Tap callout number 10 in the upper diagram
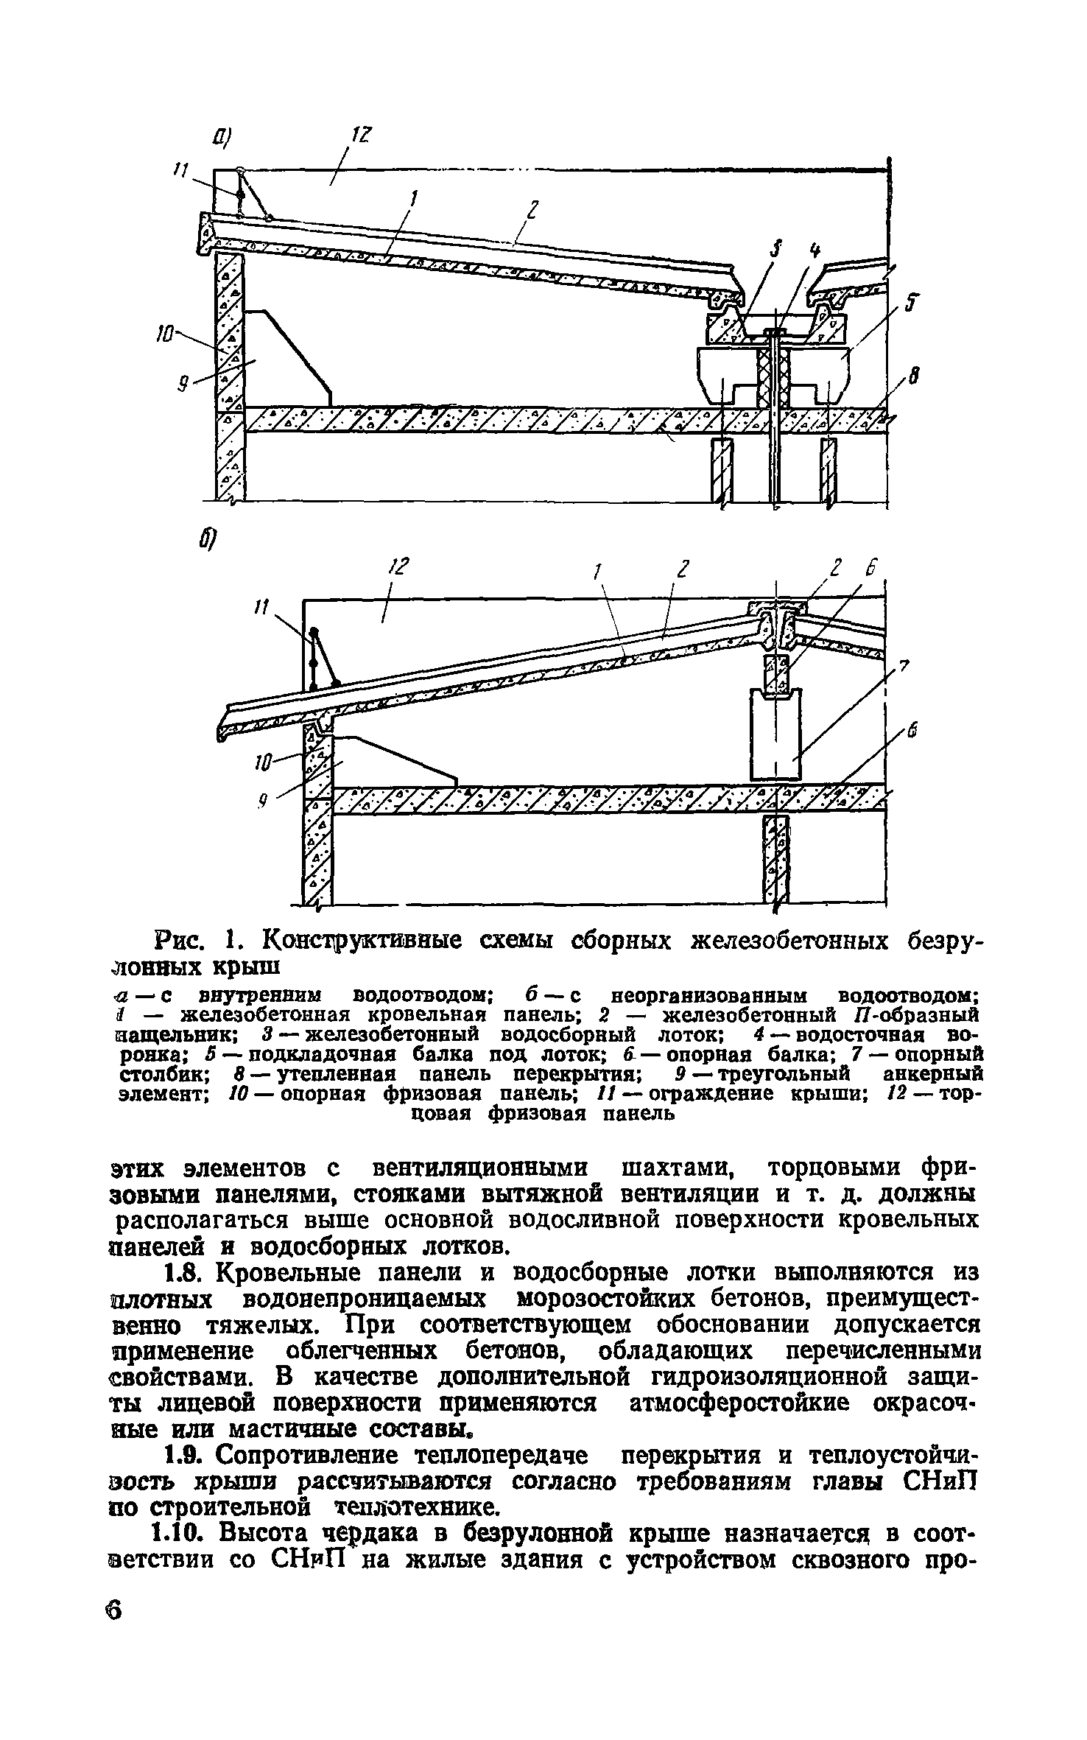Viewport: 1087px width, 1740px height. click(166, 334)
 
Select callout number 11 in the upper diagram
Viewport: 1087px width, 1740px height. click(178, 171)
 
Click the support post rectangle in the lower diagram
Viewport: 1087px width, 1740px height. click(775, 733)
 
